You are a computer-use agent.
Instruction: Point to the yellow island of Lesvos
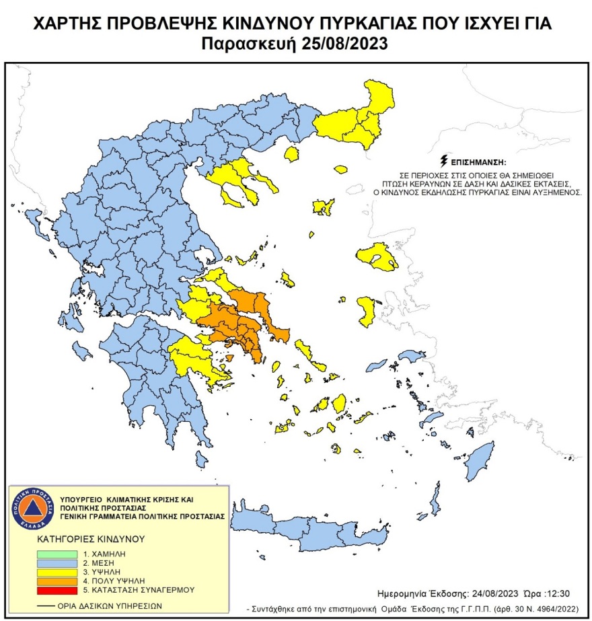pos(377,256)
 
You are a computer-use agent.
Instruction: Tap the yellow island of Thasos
pos(292,155)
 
